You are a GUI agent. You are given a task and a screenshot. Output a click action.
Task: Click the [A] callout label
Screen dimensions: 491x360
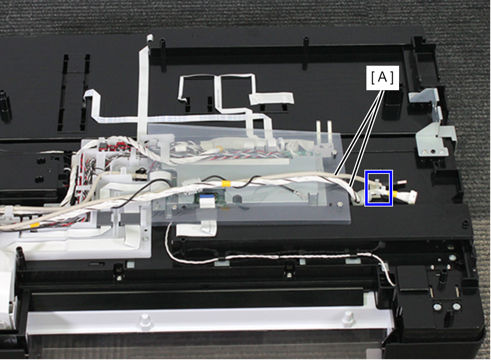click(x=382, y=78)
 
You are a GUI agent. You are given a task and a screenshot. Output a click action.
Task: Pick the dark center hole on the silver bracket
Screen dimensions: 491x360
click(x=433, y=151)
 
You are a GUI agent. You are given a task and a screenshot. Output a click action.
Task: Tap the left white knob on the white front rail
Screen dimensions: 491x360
click(x=145, y=320)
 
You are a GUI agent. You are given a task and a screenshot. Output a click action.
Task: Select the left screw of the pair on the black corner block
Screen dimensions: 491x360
click(x=438, y=307)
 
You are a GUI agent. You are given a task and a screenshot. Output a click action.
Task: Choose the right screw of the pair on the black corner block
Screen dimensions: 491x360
click(x=457, y=306)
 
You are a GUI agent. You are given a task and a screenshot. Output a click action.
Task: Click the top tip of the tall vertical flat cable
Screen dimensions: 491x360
click(x=150, y=37)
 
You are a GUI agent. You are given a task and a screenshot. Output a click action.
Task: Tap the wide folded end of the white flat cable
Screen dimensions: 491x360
click(x=271, y=98)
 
